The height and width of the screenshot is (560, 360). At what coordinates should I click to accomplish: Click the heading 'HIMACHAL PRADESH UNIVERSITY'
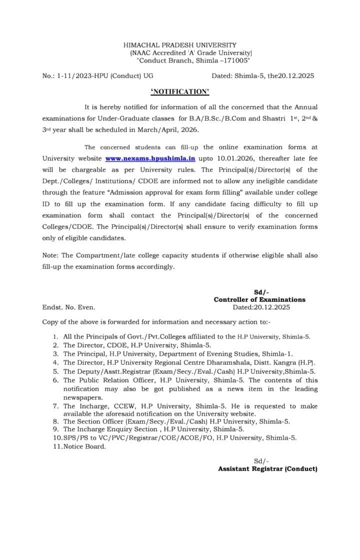point(180,45)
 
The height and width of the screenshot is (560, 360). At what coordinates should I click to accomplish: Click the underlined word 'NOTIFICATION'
point(180,91)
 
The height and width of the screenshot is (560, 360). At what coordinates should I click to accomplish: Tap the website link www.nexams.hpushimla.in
point(150,158)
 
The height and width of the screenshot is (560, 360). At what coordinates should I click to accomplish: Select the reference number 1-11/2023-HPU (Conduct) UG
point(105,76)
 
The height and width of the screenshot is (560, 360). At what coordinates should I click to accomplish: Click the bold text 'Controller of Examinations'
point(259,300)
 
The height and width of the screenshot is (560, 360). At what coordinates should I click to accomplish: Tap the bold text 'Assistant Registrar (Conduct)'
point(267,469)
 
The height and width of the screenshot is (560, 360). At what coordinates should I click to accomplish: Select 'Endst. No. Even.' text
point(68,308)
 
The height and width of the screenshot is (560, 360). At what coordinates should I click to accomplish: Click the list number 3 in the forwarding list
point(55,354)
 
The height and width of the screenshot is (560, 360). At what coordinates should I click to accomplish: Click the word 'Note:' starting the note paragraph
point(50,255)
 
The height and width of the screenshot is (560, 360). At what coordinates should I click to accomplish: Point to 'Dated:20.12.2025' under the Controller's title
point(261,307)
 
